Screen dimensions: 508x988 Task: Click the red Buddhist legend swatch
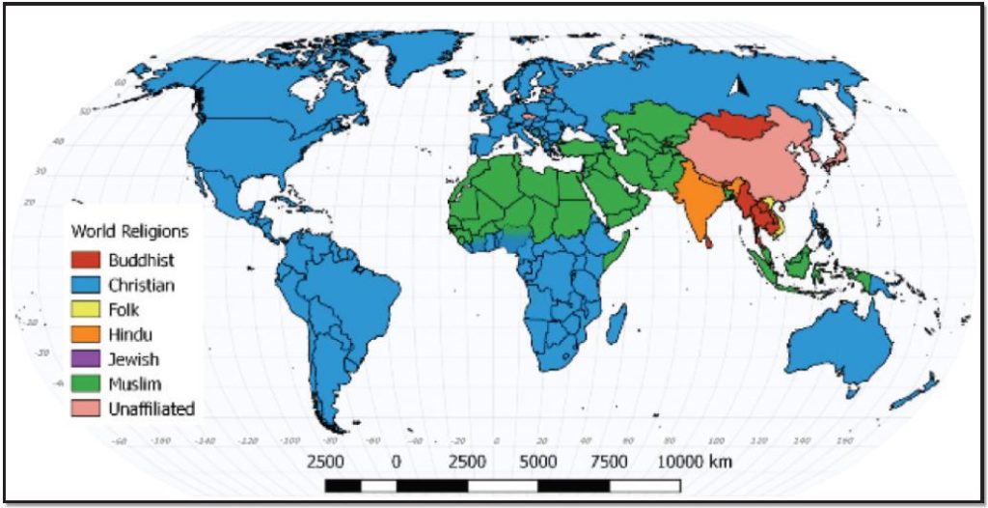pyautogui.click(x=86, y=260)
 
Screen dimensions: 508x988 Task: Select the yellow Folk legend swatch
pyautogui.click(x=86, y=310)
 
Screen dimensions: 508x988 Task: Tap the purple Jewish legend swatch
pyautogui.click(x=86, y=359)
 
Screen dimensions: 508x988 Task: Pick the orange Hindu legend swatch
pyautogui.click(x=86, y=335)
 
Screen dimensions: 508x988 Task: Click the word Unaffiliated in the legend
pyautogui.click(x=151, y=409)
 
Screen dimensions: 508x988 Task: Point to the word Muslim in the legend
pyautogui.click(x=134, y=384)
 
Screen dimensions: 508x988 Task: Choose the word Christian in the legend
pyautogui.click(x=141, y=285)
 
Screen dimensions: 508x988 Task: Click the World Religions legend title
pyautogui.click(x=130, y=232)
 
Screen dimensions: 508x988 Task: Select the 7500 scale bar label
pyautogui.click(x=608, y=461)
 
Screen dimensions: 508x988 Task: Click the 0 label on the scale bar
pyautogui.click(x=396, y=461)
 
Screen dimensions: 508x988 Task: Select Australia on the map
pyautogui.click(x=832, y=343)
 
